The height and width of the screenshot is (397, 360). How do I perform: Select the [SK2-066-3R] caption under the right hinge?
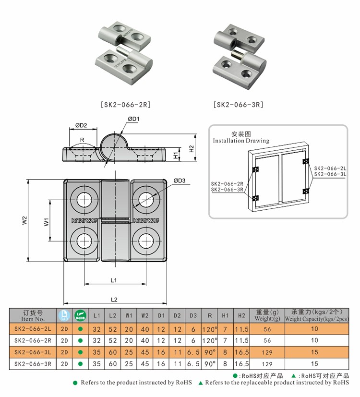pos(239,104)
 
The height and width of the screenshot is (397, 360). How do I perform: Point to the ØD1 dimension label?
pos(133,119)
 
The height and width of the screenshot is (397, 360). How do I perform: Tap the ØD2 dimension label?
pos(81,126)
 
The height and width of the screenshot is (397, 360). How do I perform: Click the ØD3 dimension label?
pos(180,180)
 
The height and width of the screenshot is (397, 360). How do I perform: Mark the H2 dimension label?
pos(191,149)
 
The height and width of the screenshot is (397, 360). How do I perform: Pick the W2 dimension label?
pos(24,221)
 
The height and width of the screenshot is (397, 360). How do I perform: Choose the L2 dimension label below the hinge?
pos(114,299)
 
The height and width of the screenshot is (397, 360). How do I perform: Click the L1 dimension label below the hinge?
pos(114,280)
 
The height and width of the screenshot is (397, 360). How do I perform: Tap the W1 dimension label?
pos(47,222)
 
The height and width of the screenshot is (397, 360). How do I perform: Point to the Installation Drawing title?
pos(241,141)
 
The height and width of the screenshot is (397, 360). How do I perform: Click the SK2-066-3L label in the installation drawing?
pos(330,174)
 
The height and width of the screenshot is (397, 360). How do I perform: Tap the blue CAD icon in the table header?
pos(64,315)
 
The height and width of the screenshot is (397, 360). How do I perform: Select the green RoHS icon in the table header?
pos(80,315)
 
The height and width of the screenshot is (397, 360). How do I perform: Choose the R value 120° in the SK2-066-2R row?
pos(209,341)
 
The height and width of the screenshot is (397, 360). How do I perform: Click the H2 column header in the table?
pos(241,315)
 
